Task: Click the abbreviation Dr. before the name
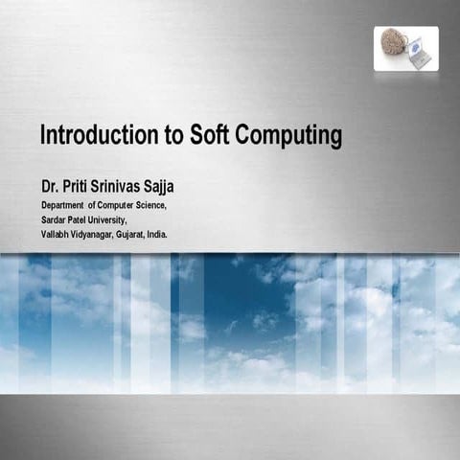click(49, 184)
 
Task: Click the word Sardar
click(54, 219)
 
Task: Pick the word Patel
click(81, 219)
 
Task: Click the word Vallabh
click(56, 234)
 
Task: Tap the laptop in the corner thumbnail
click(419, 54)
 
